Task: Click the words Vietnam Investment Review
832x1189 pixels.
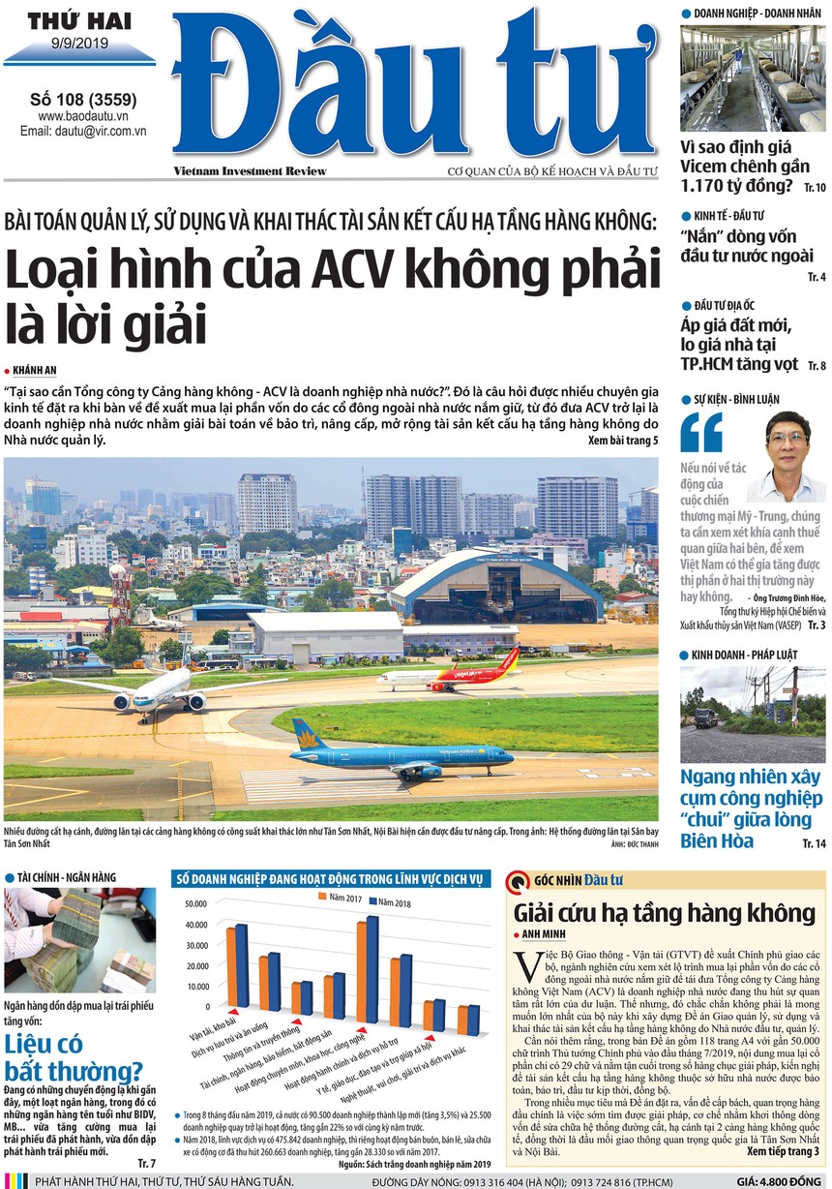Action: [250, 171]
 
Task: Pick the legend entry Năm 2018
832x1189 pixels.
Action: [392, 902]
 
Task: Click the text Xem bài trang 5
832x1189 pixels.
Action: [622, 441]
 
